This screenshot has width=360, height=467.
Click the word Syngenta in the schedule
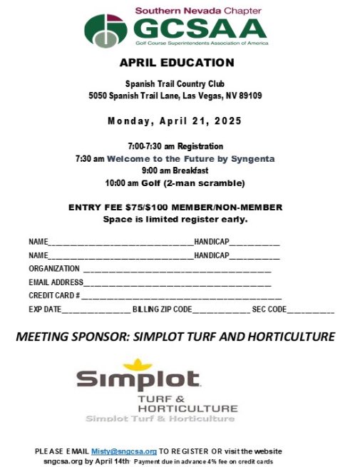tap(252, 158)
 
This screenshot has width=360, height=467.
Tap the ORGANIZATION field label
tap(54, 269)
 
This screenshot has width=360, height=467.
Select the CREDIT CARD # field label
tap(54, 296)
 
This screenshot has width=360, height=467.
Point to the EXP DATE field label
tap(45, 309)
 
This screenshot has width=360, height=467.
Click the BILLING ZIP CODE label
tap(163, 309)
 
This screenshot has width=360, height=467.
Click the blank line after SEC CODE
tap(311, 311)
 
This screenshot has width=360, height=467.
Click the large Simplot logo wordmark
tap(138, 380)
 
